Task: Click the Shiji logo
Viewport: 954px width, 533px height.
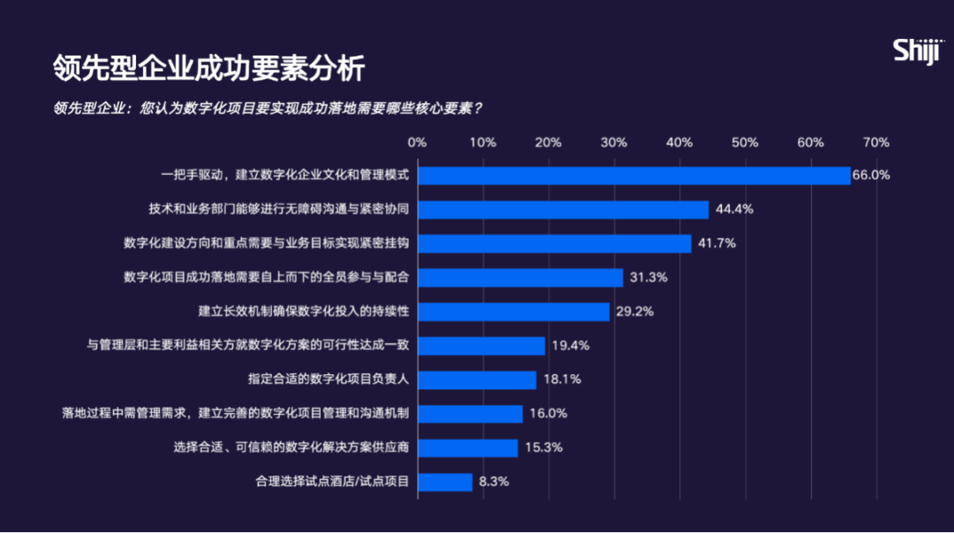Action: [918, 50]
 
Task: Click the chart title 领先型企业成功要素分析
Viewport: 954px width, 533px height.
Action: [208, 68]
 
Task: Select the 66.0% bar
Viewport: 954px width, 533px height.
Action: [633, 175]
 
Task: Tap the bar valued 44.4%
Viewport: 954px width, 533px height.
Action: [563, 209]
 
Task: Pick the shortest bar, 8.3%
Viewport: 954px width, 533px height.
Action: [444, 482]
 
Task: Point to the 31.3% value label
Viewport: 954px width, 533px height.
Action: [648, 277]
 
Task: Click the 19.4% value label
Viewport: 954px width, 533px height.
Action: [570, 345]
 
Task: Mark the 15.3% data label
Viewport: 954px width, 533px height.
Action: [543, 447]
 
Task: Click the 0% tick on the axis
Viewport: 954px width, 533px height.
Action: [417, 142]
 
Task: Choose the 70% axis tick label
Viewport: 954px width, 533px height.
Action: [875, 142]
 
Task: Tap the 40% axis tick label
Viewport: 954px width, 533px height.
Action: [679, 142]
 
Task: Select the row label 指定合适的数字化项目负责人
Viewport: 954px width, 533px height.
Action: [328, 379]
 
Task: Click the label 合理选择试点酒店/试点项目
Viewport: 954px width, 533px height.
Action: [331, 482]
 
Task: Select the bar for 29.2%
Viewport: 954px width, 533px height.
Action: [513, 312]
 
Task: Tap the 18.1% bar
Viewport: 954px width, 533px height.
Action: [476, 379]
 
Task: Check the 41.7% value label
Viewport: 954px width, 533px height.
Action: [716, 243]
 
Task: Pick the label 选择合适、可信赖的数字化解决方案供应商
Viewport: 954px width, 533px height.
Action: [291, 447]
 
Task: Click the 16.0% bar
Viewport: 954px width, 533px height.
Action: [470, 414]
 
